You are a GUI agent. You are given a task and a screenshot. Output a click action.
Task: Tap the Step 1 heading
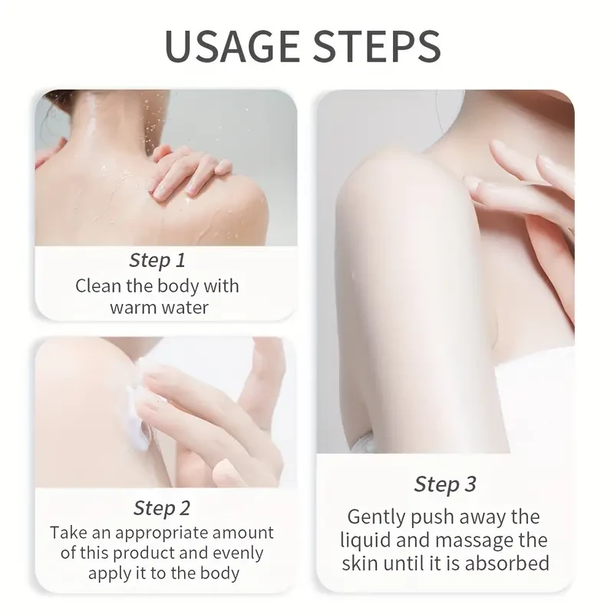(157, 260)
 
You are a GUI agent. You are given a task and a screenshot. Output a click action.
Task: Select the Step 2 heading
(162, 507)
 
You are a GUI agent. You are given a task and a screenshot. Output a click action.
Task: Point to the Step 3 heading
(445, 484)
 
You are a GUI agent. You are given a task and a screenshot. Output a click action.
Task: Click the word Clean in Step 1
(97, 286)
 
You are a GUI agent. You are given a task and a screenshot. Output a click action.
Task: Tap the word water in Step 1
(186, 308)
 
